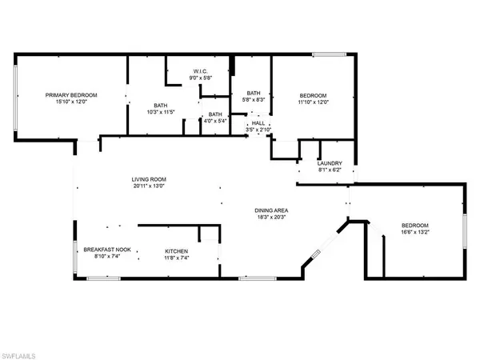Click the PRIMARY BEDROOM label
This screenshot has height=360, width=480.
coord(71,95)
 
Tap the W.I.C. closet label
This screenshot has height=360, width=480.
coord(201,71)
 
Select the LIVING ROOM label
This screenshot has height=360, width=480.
coord(149,179)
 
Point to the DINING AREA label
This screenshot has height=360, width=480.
coord(271,210)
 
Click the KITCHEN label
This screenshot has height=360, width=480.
coord(176,251)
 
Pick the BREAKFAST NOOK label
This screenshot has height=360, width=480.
coord(107,250)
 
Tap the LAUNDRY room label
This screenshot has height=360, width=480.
coord(330,163)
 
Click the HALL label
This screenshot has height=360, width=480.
coord(258,123)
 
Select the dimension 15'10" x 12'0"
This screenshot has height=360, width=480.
coord(71,102)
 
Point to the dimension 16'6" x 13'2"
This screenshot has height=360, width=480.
coord(415,232)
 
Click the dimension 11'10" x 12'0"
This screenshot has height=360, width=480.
coord(313,102)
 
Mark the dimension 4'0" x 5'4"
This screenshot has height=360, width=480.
coord(215,121)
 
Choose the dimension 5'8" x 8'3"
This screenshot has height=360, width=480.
coord(254,99)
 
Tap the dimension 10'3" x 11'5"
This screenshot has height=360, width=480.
coord(161,112)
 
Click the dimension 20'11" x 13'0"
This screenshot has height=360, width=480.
coord(149,186)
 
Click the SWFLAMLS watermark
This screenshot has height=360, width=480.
coord(18,356)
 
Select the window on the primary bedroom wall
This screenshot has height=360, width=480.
coord(15,98)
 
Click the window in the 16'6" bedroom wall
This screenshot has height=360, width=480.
coord(464,231)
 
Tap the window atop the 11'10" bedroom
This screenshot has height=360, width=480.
coord(329,54)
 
